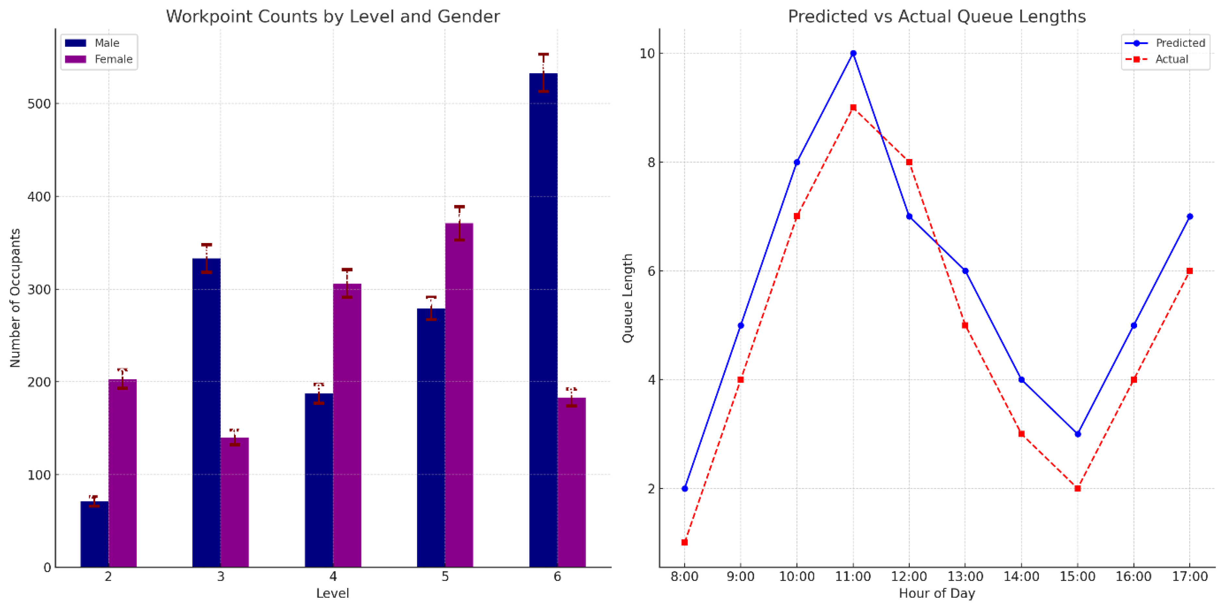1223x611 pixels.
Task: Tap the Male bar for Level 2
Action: click(x=94, y=534)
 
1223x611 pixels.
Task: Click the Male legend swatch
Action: click(x=76, y=43)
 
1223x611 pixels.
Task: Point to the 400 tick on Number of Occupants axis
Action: click(x=39, y=197)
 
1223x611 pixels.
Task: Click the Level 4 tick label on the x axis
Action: click(x=333, y=576)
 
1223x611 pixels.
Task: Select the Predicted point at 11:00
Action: click(x=853, y=53)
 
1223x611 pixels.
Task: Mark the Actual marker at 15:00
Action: click(x=1078, y=488)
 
